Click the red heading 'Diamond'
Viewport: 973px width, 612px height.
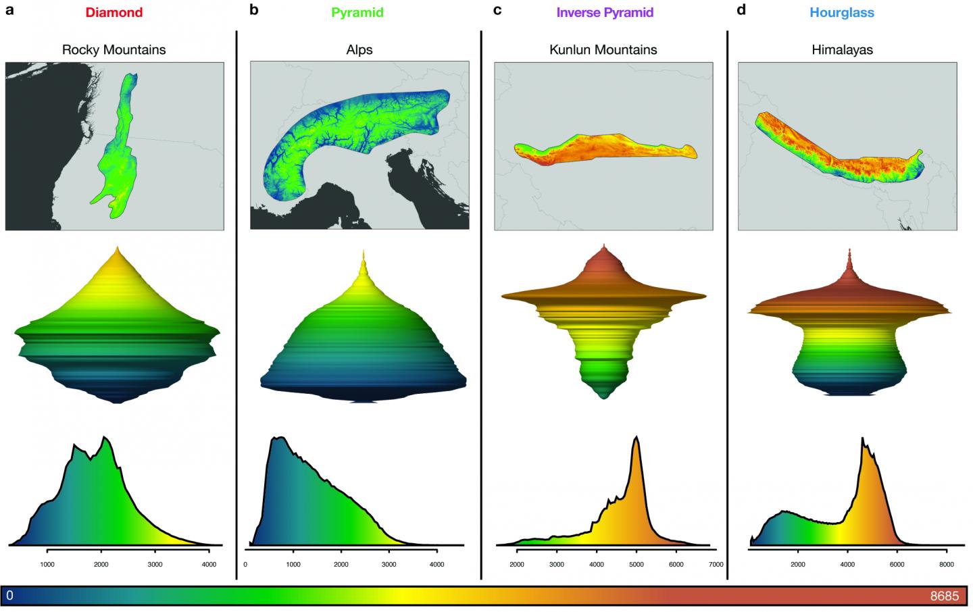point(114,12)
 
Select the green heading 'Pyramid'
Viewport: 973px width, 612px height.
point(357,12)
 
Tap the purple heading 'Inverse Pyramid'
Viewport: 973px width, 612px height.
point(605,12)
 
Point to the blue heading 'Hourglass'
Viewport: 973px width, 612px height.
point(842,12)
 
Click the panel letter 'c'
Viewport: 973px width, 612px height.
point(497,11)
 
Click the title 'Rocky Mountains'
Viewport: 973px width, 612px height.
point(114,49)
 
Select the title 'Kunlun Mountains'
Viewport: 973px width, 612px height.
point(603,49)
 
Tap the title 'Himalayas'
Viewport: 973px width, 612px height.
point(842,49)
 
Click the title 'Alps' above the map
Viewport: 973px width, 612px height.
point(359,49)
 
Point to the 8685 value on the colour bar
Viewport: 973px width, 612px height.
point(944,596)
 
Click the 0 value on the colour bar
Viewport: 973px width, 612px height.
point(9,596)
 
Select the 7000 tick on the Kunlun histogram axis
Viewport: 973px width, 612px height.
point(716,564)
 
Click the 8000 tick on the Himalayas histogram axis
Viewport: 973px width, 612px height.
point(946,564)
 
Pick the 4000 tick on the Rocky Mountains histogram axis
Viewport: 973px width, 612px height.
point(209,564)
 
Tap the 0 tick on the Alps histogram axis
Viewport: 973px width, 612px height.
point(245,564)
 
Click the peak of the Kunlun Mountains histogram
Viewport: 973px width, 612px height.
point(636,438)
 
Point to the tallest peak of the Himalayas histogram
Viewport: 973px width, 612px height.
point(862,439)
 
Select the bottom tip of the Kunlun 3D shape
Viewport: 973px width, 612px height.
point(603,399)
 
